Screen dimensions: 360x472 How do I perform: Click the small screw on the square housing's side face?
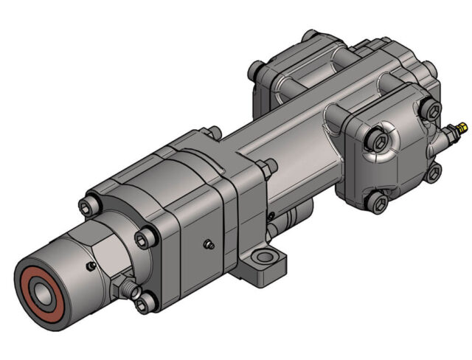click(x=209, y=243)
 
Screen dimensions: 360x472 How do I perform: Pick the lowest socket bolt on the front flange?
click(x=145, y=300)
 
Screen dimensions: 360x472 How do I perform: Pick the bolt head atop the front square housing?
click(x=213, y=133)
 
